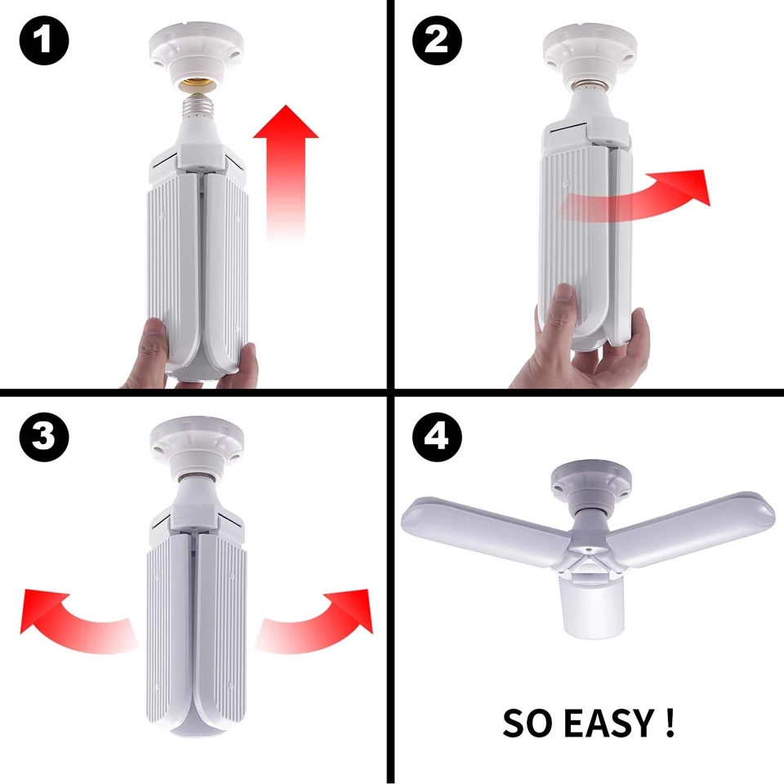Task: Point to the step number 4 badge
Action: pyautogui.click(x=437, y=437)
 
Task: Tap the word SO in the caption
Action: pyautogui.click(x=524, y=723)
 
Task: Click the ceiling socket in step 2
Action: pyautogui.click(x=587, y=53)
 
